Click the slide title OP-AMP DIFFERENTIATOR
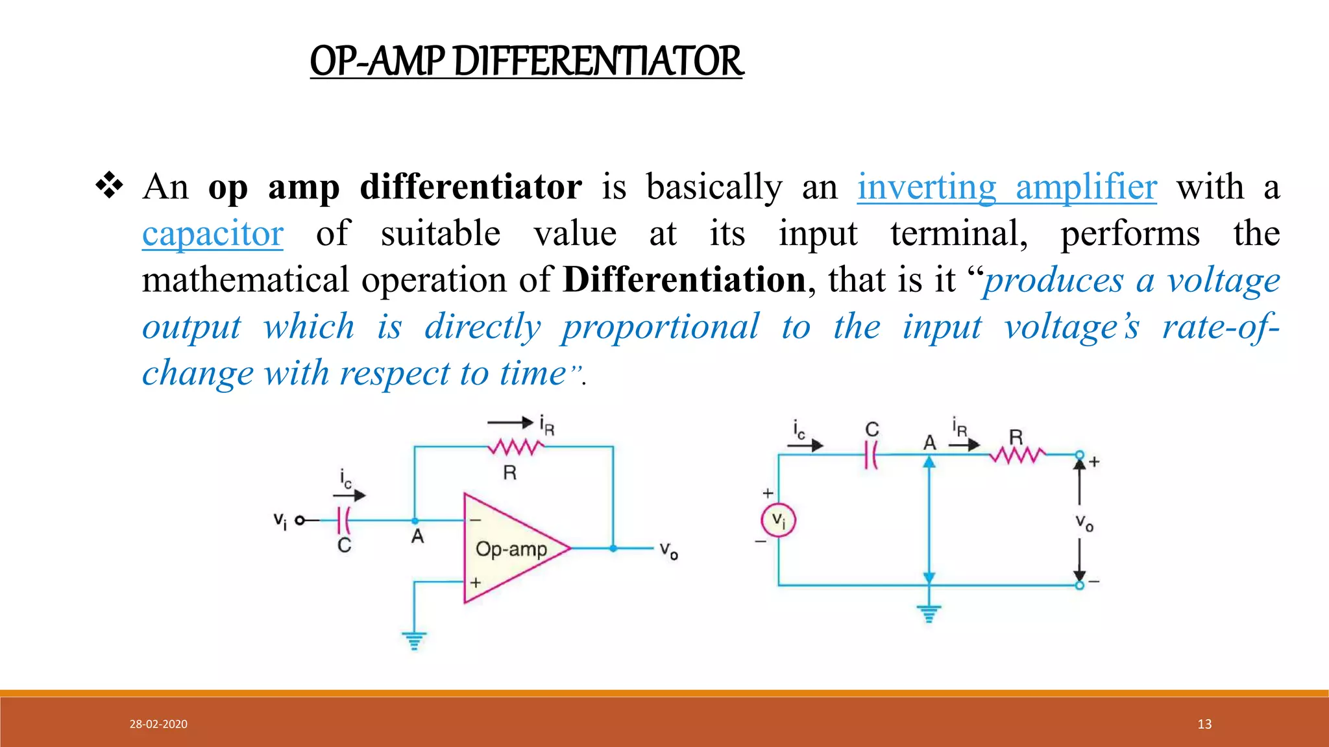pos(526,61)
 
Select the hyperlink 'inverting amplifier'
pos(1006,187)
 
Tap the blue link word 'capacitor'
pos(213,234)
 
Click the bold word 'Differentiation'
pos(684,280)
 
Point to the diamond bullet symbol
pos(109,185)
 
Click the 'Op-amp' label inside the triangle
pos(511,549)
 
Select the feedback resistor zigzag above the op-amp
pos(517,447)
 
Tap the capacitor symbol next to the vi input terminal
pos(345,520)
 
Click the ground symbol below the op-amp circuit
pos(414,641)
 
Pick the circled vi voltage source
pos(778,520)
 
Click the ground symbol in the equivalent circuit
pos(929,613)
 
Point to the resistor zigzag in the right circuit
pos(1018,455)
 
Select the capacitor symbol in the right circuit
pos(872,455)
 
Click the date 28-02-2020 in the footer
pos(158,724)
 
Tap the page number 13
pos(1204,724)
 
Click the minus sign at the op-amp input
pos(476,520)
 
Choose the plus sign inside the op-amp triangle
pos(476,582)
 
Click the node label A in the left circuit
pos(417,537)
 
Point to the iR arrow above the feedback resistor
pos(510,423)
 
